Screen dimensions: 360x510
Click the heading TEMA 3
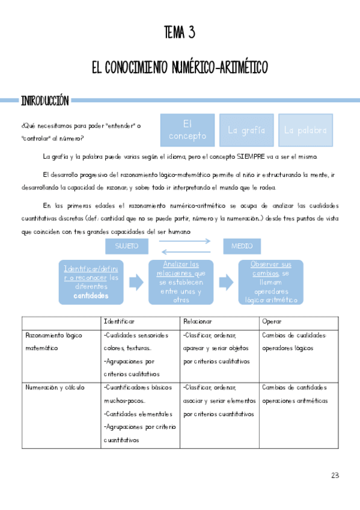(180, 32)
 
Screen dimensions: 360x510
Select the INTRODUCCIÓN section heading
(44, 100)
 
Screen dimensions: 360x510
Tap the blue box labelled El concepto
(188, 130)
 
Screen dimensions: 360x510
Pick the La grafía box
(246, 130)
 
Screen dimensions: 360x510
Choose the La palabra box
(305, 130)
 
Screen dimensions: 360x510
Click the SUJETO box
(126, 246)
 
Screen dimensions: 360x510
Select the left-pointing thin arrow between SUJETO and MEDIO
(185, 251)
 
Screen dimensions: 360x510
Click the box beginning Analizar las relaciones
(180, 282)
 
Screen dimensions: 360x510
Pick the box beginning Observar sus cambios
(270, 282)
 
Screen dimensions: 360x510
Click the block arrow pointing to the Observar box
(226, 281)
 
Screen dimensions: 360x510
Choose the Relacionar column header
(198, 322)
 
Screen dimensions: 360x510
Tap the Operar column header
(272, 322)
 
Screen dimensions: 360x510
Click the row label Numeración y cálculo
(55, 387)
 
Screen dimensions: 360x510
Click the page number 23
(335, 475)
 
